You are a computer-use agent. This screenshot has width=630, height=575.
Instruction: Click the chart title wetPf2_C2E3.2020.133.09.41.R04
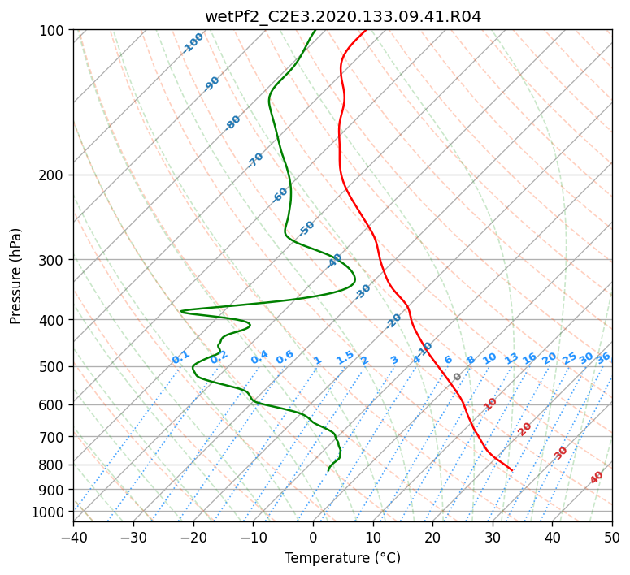[343, 17]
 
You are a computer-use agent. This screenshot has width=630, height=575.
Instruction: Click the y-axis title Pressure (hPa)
[15, 276]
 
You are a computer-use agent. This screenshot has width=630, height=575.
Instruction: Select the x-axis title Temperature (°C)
[343, 558]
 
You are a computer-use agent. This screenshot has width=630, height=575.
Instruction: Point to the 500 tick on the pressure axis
[54, 366]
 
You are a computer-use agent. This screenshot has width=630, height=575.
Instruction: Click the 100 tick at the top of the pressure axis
[54, 31]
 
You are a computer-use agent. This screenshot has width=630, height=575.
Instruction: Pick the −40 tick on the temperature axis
[73, 537]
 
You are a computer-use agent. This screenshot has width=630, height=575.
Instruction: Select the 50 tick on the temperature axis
[612, 537]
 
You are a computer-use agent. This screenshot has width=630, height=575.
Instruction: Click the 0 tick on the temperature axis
[313, 537]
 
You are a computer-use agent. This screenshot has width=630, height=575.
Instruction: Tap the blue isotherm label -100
[193, 43]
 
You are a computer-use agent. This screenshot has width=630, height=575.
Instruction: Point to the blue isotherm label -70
[255, 160]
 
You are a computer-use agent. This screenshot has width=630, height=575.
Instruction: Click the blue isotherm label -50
[306, 228]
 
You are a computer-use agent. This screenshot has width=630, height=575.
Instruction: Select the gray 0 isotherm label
[457, 377]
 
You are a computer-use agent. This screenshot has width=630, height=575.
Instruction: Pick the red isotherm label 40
[596, 478]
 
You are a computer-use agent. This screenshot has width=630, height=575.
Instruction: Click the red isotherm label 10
[490, 404]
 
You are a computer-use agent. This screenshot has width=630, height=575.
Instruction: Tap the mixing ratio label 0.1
[180, 357]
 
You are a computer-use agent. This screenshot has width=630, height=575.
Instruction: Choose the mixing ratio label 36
[603, 358]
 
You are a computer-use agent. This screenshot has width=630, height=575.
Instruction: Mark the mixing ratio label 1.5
[345, 357]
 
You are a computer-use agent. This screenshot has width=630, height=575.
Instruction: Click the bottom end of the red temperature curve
[512, 470]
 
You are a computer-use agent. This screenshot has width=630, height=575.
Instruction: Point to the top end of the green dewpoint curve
[315, 30]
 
